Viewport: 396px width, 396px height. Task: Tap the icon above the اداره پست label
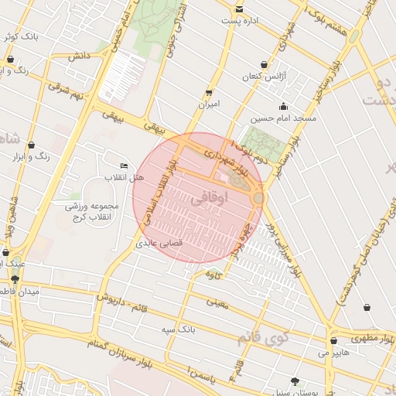pos(239,9)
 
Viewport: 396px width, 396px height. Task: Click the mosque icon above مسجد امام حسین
pos(284,106)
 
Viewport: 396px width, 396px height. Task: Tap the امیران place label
pos(209,104)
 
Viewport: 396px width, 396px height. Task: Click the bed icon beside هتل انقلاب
pos(125,166)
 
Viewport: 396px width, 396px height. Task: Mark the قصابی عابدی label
pos(159,242)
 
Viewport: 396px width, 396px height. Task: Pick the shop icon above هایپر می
pos(333,340)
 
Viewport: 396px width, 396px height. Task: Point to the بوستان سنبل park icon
pos(295,381)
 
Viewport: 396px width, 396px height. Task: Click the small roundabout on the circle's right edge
pos(258,199)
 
